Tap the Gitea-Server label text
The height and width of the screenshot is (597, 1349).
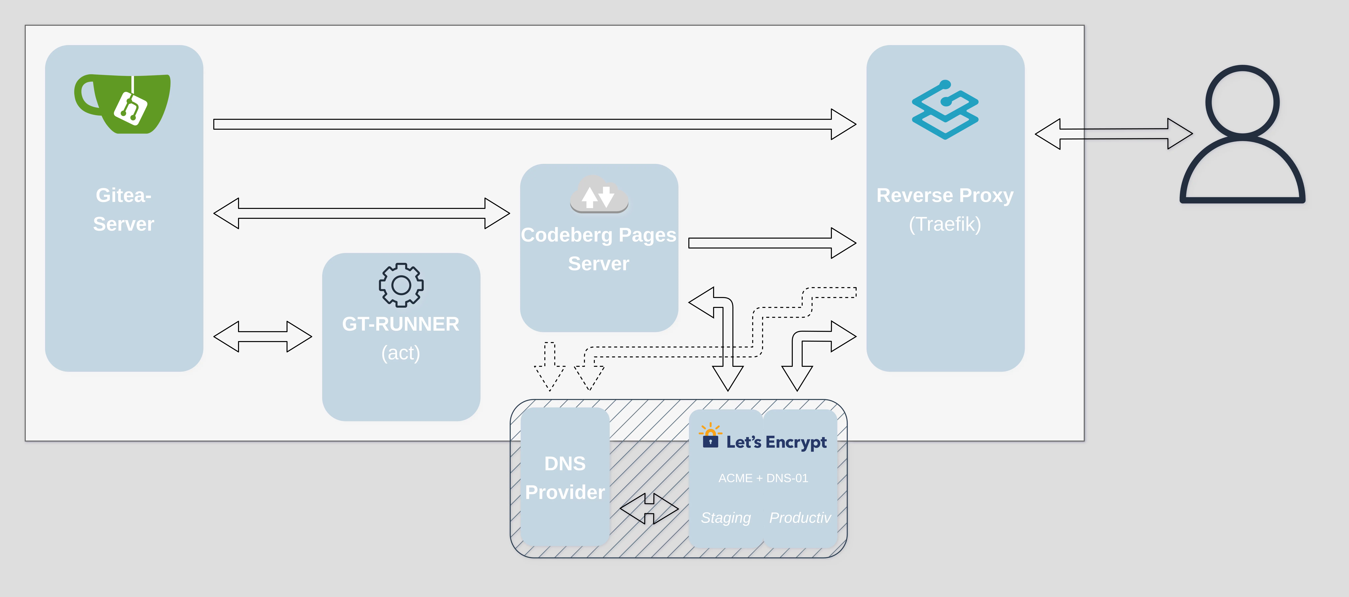pos(124,209)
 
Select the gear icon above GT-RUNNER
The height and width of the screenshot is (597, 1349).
pos(401,285)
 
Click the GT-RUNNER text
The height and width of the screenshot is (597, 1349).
pos(401,324)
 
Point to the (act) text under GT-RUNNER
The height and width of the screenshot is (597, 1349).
pos(401,353)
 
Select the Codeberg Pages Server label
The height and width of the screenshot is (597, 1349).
pos(599,249)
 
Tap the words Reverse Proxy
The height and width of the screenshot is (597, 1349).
pos(945,195)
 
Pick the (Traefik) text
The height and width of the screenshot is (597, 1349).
pos(945,224)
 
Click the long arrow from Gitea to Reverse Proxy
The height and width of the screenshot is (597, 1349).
pos(534,124)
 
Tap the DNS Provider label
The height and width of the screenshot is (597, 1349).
pos(565,478)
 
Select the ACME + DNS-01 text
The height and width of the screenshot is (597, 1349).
pos(763,478)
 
